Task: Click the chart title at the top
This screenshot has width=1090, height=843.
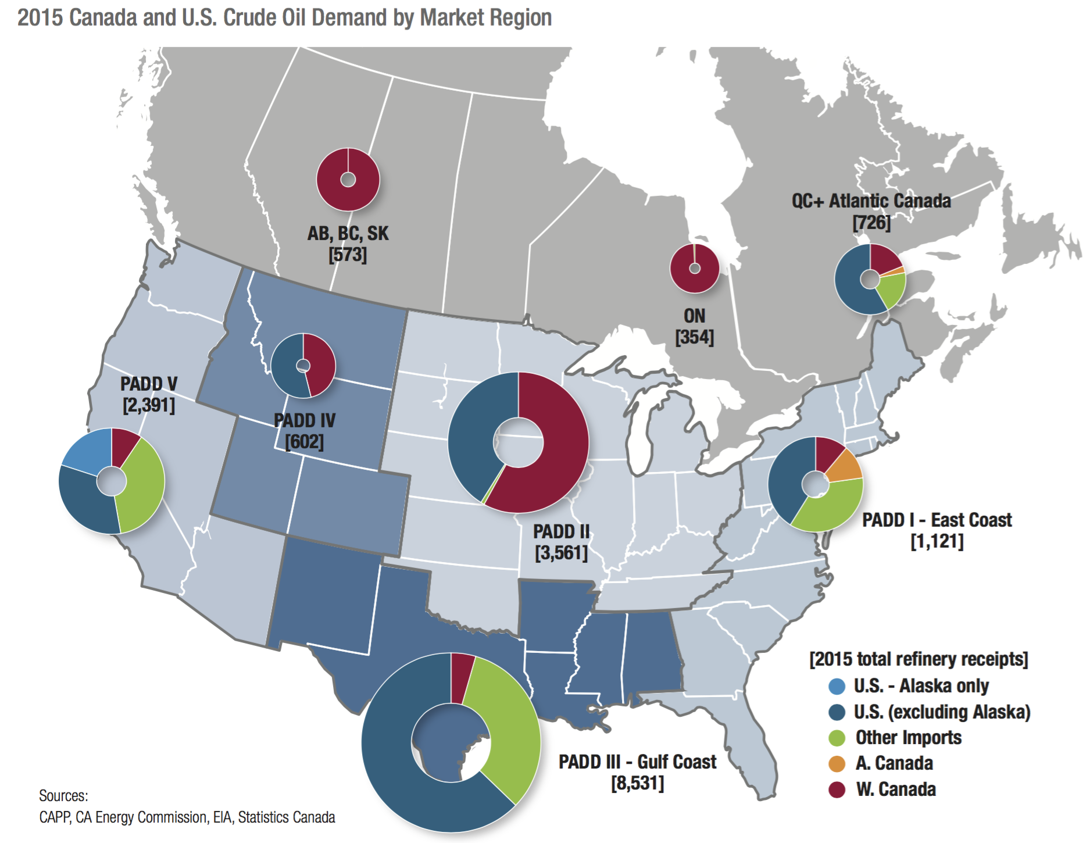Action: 284,18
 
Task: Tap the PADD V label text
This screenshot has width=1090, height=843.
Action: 149,384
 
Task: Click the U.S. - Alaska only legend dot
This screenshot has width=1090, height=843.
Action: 837,686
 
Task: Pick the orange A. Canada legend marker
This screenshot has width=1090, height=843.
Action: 837,763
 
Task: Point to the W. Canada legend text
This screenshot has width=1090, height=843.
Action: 896,790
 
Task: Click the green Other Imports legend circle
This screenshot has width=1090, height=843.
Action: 837,738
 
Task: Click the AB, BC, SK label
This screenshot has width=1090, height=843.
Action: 348,234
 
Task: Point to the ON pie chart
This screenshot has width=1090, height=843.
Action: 694,269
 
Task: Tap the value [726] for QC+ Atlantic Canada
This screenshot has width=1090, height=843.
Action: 871,223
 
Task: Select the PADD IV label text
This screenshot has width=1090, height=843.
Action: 305,420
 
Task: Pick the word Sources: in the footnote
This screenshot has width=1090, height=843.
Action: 64,795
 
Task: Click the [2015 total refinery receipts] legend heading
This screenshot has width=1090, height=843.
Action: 919,659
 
